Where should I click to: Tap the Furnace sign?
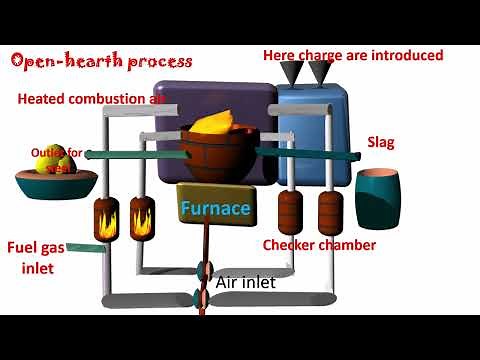click(x=215, y=209)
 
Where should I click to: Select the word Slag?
click(x=381, y=142)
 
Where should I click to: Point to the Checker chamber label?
click(x=319, y=245)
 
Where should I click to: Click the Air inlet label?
click(x=245, y=282)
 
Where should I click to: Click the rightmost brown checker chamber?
click(x=331, y=211)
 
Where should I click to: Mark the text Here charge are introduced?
click(x=352, y=55)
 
